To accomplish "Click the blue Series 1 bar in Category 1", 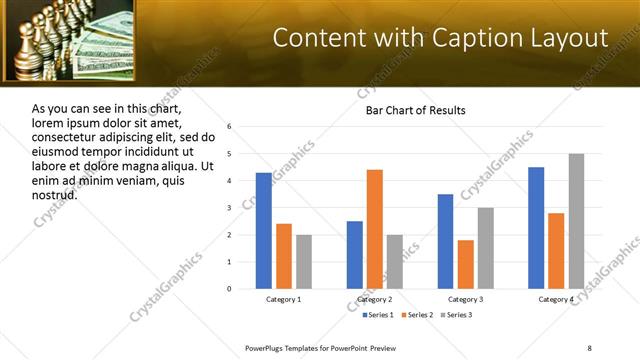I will (263, 231).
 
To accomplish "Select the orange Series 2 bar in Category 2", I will (375, 229).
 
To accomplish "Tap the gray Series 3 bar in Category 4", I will (576, 221).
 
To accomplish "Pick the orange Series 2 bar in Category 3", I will (466, 264).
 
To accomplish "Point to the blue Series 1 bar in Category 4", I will (536, 228).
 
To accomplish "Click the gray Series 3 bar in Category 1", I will (304, 262).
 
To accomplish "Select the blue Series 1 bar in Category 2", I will (355, 255).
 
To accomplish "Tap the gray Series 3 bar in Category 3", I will (486, 248).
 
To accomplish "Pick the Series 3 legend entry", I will (455, 315).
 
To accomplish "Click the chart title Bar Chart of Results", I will (414, 110).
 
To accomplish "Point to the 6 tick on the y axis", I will (229, 127).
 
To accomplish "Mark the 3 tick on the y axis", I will (229, 208).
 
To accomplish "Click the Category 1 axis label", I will (284, 299).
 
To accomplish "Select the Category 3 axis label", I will (466, 299).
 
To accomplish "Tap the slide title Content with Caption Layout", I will (440, 38).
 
